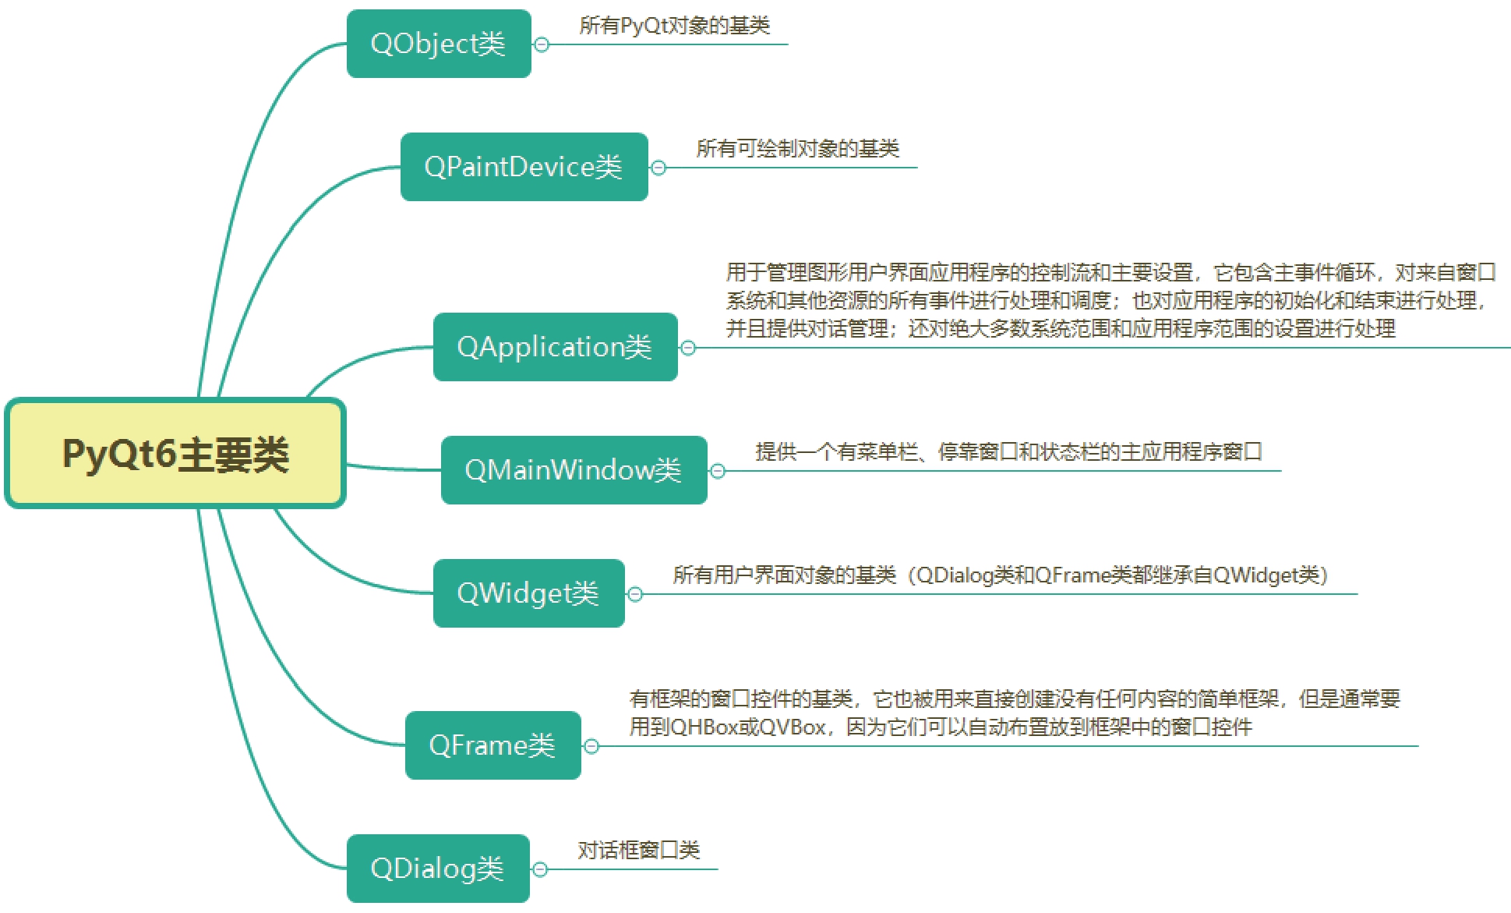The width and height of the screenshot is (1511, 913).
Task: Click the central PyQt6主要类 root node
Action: (x=175, y=454)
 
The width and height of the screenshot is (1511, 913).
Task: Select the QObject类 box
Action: (x=439, y=44)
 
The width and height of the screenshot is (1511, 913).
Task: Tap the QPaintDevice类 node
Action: (x=524, y=167)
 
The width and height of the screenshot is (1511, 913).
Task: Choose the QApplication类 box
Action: (x=555, y=347)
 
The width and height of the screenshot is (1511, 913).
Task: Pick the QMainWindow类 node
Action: (x=574, y=470)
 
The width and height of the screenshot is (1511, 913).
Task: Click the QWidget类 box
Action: (x=528, y=593)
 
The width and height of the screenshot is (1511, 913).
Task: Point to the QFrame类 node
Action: (x=492, y=745)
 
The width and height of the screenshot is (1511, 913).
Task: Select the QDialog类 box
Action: (x=438, y=869)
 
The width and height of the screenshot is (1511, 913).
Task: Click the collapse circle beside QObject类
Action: (x=542, y=44)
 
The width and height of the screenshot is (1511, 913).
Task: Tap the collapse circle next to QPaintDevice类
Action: (x=658, y=168)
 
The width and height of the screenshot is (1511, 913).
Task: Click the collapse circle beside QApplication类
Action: (x=688, y=348)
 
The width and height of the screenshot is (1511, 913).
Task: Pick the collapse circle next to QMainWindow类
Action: (x=718, y=471)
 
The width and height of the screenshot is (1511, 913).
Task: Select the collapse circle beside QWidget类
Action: (x=635, y=594)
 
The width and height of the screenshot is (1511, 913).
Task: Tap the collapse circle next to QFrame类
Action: (x=591, y=746)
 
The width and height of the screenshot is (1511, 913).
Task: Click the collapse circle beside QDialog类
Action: (x=540, y=869)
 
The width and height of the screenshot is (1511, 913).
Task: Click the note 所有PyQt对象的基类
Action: (x=674, y=26)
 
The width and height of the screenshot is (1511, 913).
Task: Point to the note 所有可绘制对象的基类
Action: (x=797, y=148)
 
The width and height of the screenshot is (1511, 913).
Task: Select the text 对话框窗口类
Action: (x=638, y=850)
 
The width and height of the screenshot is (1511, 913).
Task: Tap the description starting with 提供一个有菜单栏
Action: (x=1008, y=452)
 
